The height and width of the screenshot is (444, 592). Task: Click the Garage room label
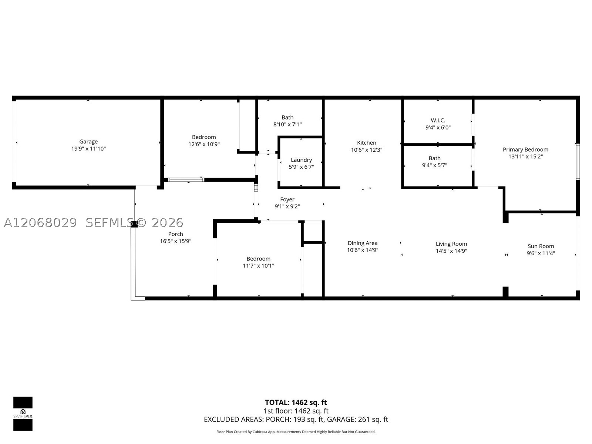(x=88, y=142)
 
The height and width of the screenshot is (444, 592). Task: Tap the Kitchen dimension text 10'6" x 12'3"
(x=367, y=150)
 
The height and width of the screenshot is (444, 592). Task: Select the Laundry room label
(x=301, y=160)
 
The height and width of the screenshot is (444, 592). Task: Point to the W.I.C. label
(x=438, y=121)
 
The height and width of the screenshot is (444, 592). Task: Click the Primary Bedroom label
(x=525, y=149)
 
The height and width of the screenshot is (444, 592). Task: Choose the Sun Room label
(x=541, y=246)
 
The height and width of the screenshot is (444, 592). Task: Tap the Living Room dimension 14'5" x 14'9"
(x=451, y=251)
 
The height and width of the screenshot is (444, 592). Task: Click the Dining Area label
(x=363, y=243)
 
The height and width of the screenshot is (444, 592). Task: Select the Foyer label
(x=287, y=199)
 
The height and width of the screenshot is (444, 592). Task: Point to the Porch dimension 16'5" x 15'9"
(x=176, y=241)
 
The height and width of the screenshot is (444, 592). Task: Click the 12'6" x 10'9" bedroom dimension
(x=204, y=144)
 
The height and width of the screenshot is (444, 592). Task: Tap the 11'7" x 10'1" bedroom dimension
(x=258, y=266)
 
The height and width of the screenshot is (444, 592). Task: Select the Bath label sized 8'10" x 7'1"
(x=287, y=118)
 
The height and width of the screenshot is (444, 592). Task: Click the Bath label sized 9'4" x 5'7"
(x=434, y=158)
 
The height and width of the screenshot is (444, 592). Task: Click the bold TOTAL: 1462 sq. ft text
(x=296, y=403)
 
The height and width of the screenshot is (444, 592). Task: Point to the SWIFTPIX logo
(x=23, y=414)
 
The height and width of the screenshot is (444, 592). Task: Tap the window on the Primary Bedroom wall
(x=578, y=162)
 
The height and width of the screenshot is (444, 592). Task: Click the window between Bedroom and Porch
(x=186, y=180)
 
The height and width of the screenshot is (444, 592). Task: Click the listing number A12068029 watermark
(x=40, y=223)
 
